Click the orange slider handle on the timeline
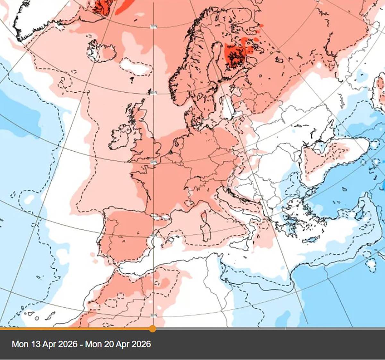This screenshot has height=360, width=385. (153, 329)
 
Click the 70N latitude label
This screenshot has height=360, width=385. (154, 26)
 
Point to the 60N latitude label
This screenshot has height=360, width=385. (154, 93)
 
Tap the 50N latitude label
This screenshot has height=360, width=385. (154, 162)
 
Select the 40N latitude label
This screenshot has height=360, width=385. (154, 236)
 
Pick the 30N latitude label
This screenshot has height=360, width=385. (154, 315)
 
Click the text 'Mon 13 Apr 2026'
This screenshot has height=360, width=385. (44, 344)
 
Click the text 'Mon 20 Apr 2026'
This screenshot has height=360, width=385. (118, 344)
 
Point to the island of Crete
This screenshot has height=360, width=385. (309, 240)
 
